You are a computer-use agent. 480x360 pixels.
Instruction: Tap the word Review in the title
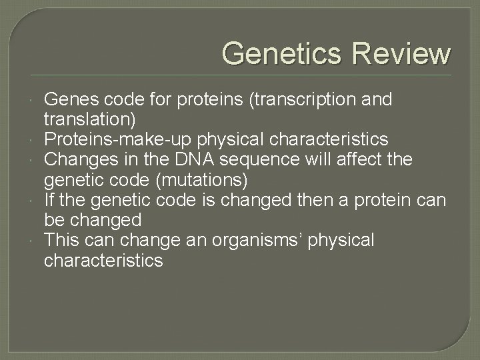click(403, 53)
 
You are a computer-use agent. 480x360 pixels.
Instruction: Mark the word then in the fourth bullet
click(277, 200)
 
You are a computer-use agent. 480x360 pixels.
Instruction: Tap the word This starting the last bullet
click(62, 240)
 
